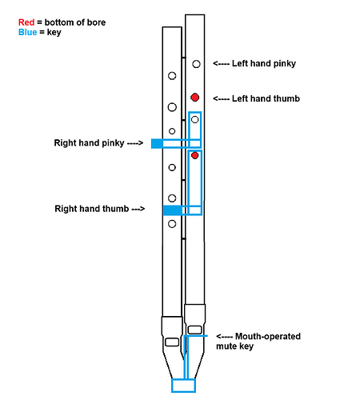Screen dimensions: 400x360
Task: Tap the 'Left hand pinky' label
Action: point(265,63)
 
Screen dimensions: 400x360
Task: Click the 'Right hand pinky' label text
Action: point(88,144)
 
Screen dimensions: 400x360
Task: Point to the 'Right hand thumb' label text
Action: point(89,209)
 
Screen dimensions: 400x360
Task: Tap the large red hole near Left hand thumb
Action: point(194,97)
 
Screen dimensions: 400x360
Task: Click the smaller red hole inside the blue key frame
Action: point(194,155)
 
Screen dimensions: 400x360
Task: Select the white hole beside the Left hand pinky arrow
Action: point(194,62)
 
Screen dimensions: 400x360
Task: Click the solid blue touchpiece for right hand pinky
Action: point(157,144)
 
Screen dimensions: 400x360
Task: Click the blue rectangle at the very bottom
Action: point(183,386)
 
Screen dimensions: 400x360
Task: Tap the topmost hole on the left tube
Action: point(172,78)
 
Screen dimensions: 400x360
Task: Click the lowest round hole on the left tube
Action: point(172,225)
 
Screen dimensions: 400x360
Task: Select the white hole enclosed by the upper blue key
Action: point(194,118)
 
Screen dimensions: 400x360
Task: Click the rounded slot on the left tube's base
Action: point(171,342)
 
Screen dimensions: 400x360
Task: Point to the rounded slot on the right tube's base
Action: point(194,328)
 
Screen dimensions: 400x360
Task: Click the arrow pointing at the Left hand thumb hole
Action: point(221,98)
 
